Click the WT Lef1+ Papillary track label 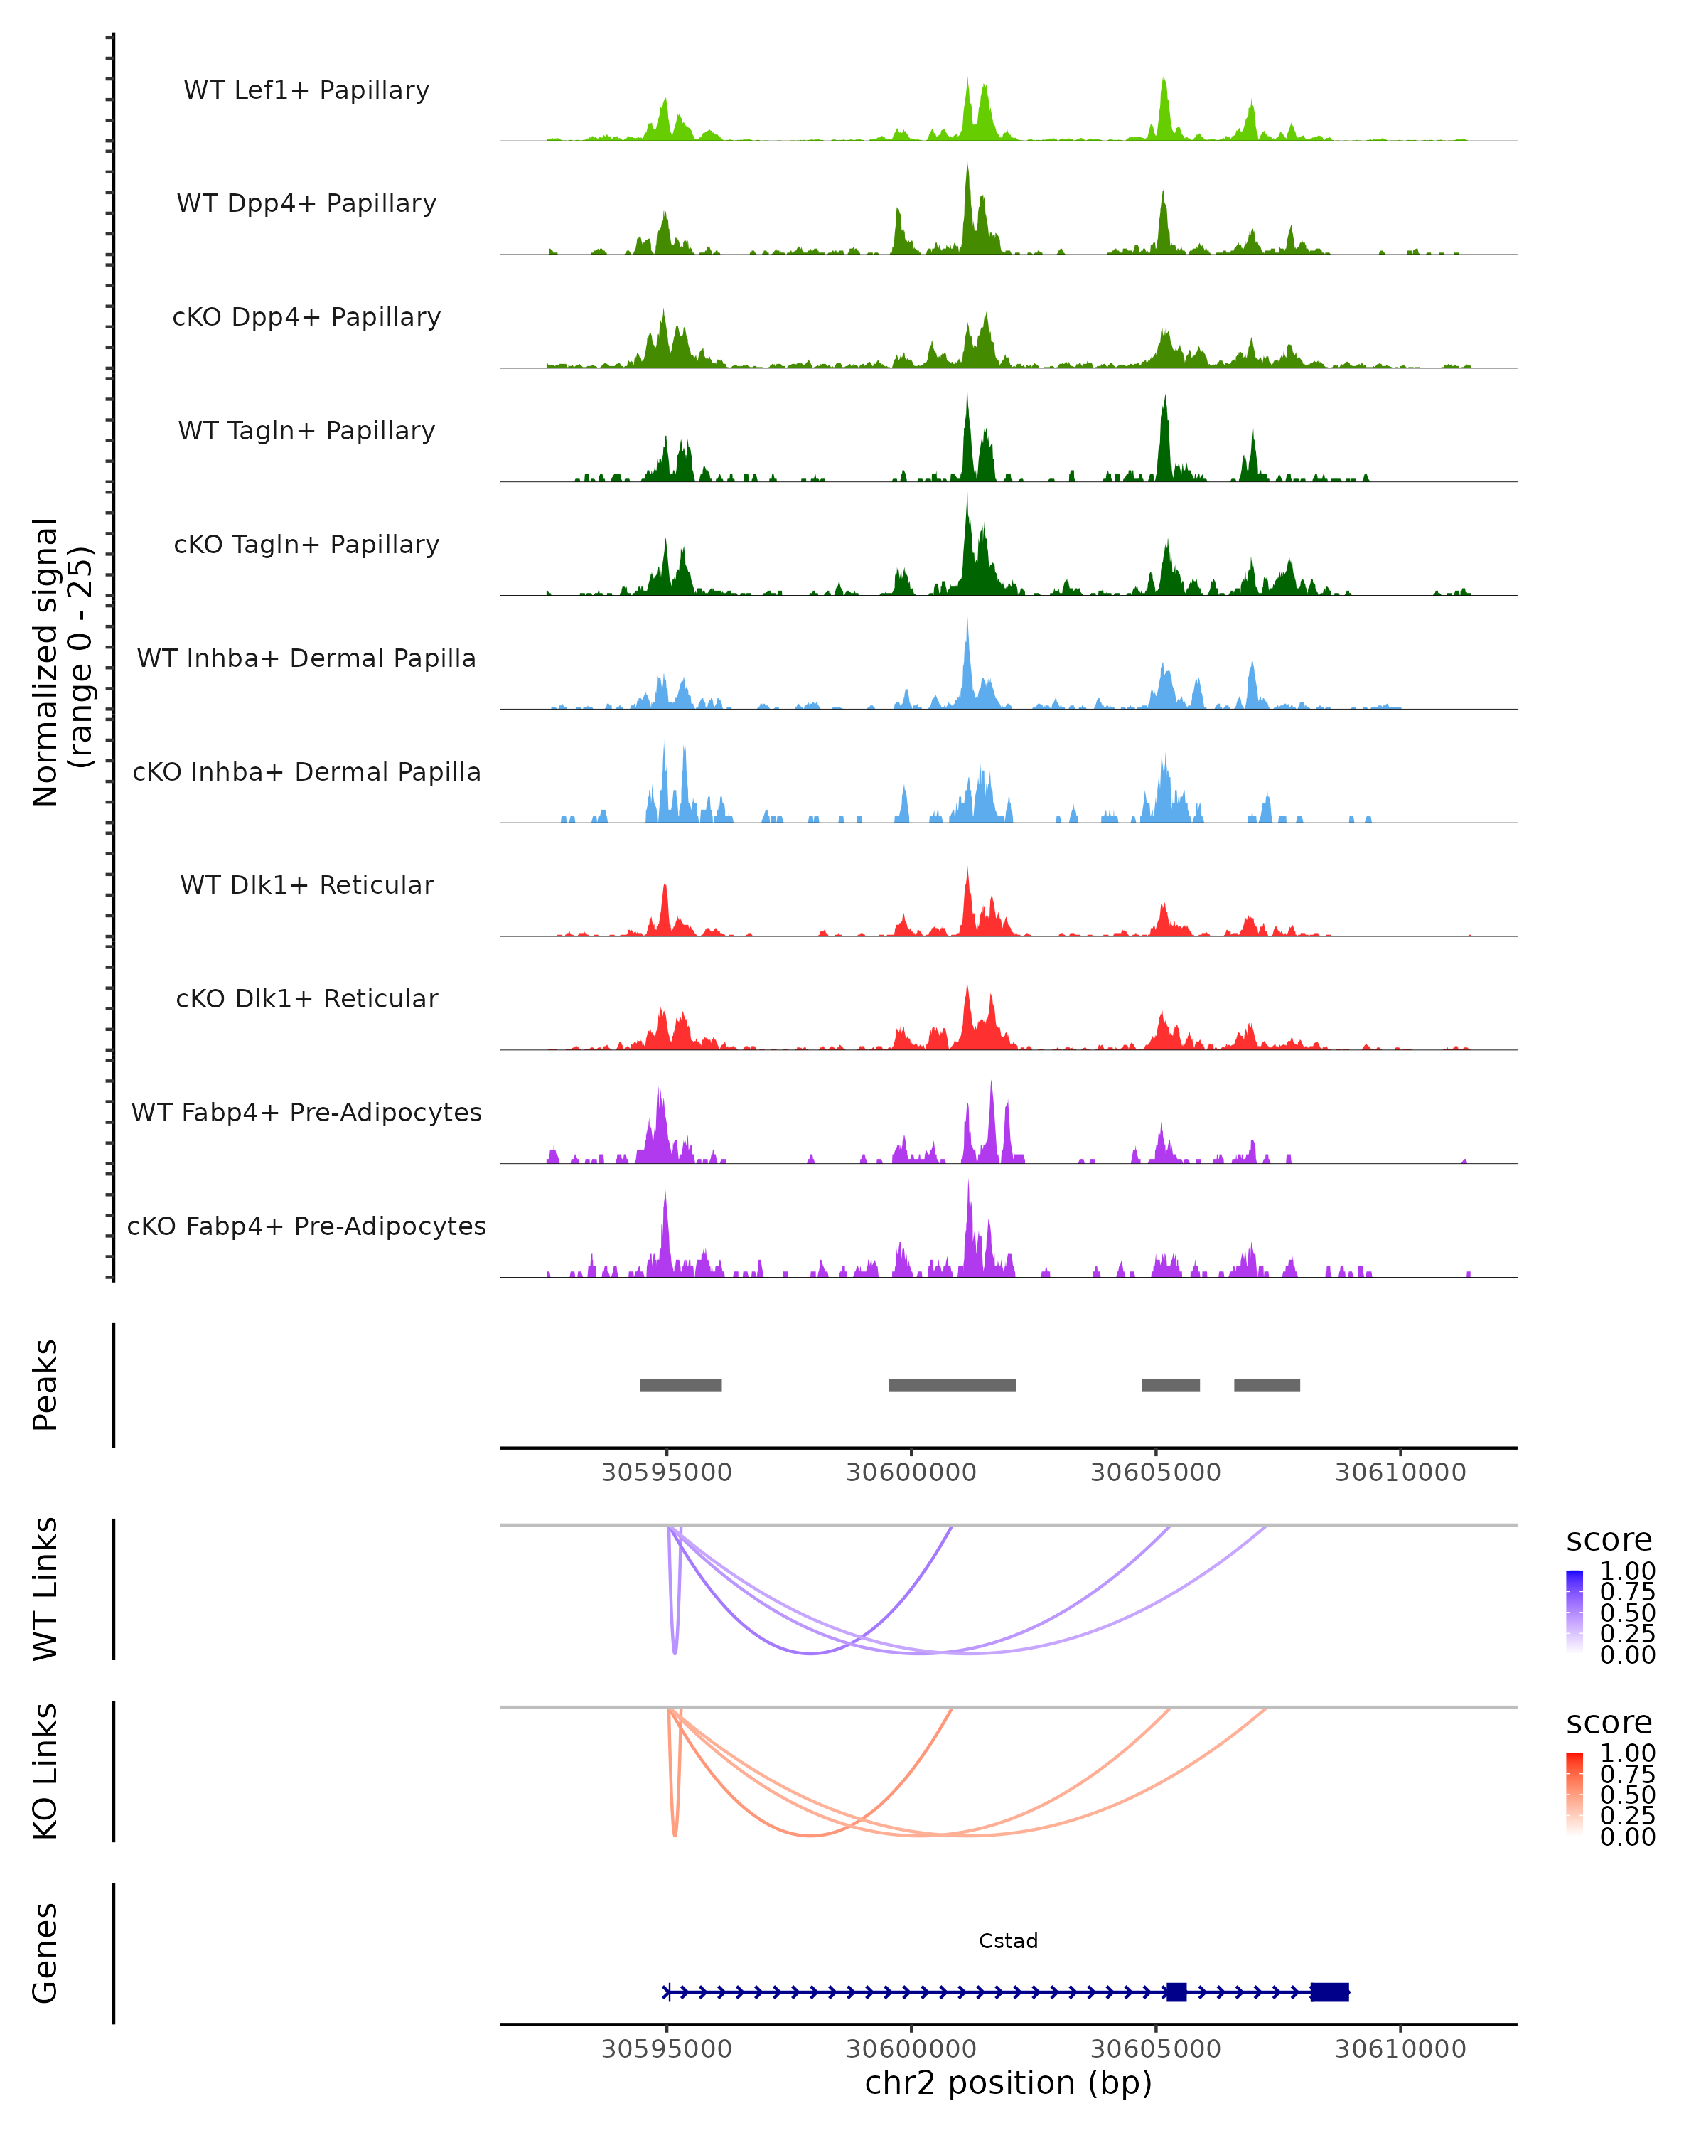click(x=306, y=90)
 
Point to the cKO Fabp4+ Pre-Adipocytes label click(x=306, y=1226)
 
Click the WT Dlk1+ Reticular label click(x=306, y=884)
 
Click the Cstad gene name click(x=1008, y=1940)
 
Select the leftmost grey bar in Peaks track click(x=680, y=1385)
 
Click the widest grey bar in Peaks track click(x=951, y=1385)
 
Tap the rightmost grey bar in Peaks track click(x=1266, y=1385)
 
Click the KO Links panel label click(x=45, y=1771)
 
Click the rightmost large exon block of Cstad click(x=1329, y=1992)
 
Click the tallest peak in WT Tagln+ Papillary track click(x=967, y=396)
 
